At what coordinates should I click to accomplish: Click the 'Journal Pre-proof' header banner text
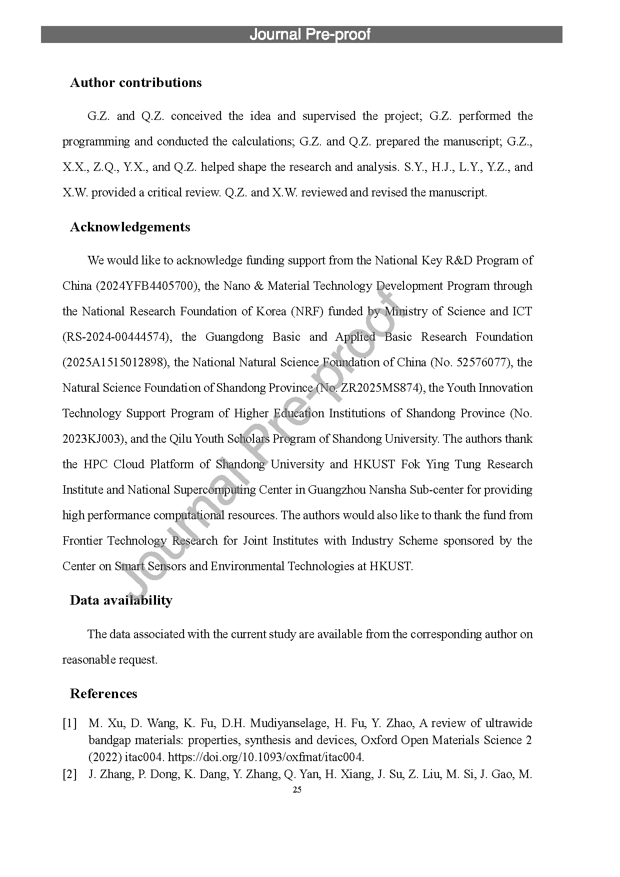coord(310,34)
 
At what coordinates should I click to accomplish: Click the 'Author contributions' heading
coord(135,82)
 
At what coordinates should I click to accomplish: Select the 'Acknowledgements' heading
coord(130,227)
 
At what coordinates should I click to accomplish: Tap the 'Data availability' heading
coord(121,600)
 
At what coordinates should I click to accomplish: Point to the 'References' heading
coord(103,694)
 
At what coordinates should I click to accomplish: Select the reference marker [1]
coord(69,723)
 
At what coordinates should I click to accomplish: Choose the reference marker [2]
coord(69,774)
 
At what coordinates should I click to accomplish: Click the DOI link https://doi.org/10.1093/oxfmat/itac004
coord(265,757)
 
